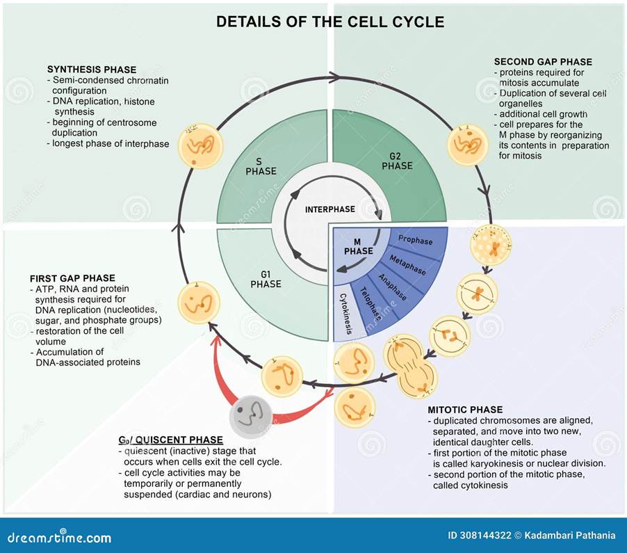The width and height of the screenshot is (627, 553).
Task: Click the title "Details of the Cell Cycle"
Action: [329, 22]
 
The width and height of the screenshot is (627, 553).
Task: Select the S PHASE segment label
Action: [261, 166]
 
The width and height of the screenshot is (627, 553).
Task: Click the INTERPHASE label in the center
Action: [329, 209]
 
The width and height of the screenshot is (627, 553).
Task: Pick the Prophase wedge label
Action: [416, 241]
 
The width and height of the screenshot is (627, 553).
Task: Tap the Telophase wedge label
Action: [370, 303]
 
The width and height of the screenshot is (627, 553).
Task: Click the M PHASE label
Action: [359, 246]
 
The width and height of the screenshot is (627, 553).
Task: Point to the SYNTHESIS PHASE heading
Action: [92, 70]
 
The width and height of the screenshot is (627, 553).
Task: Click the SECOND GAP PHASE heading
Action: [543, 62]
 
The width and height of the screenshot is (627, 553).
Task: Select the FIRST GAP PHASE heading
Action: [72, 278]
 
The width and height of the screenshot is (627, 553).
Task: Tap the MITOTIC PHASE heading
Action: [465, 410]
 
